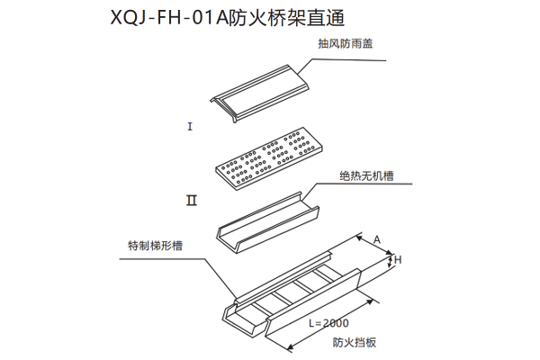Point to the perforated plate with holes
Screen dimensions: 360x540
click(x=267, y=154)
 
